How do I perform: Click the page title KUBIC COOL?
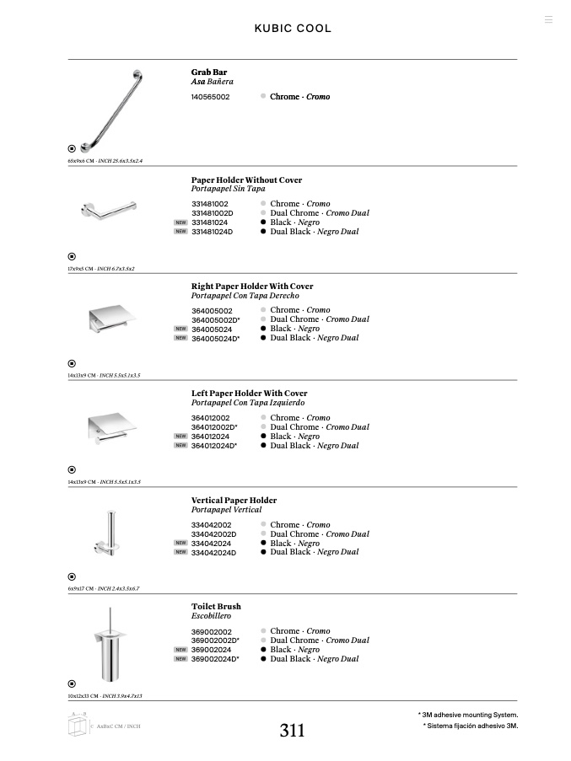click(x=293, y=29)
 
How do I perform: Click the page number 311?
click(x=292, y=731)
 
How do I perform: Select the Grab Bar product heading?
click(x=209, y=72)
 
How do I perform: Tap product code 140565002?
click(x=210, y=97)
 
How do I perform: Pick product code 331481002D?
click(x=213, y=213)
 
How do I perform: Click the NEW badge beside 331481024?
click(x=180, y=222)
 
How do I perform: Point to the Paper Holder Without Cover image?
click(x=108, y=212)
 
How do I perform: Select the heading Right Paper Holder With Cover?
click(x=252, y=287)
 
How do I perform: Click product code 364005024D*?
click(x=215, y=339)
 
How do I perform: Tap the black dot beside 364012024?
click(x=263, y=437)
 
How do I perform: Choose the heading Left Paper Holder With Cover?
click(x=249, y=394)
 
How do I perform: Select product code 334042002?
click(x=211, y=525)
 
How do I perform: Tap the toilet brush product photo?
click(x=109, y=644)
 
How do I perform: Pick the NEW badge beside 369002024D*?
click(x=180, y=659)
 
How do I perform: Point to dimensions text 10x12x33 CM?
click(x=83, y=696)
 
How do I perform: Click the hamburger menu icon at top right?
click(x=548, y=19)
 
